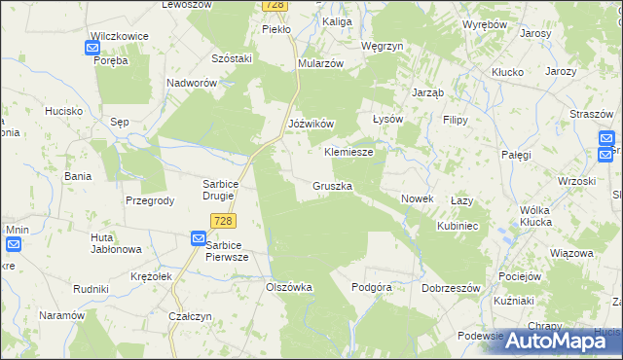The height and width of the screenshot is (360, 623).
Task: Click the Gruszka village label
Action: [333, 185]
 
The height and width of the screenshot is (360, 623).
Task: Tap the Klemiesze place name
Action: [348, 153]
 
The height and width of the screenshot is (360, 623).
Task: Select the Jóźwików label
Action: [312, 125]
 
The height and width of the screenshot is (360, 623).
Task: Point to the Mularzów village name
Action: [321, 63]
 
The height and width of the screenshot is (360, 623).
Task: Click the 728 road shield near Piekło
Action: [275, 6]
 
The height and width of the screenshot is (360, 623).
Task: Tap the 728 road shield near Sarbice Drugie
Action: [222, 222]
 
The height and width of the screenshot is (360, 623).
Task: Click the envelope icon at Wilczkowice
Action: [95, 45]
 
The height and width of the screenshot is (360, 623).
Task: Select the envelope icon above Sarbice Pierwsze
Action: [198, 237]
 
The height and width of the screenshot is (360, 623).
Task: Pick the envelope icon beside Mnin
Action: [15, 244]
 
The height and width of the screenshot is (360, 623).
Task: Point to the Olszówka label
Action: [289, 288]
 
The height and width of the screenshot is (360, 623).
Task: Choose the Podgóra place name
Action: [371, 288]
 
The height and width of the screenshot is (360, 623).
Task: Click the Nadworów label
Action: [192, 84]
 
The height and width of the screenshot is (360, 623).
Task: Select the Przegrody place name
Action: [150, 200]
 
